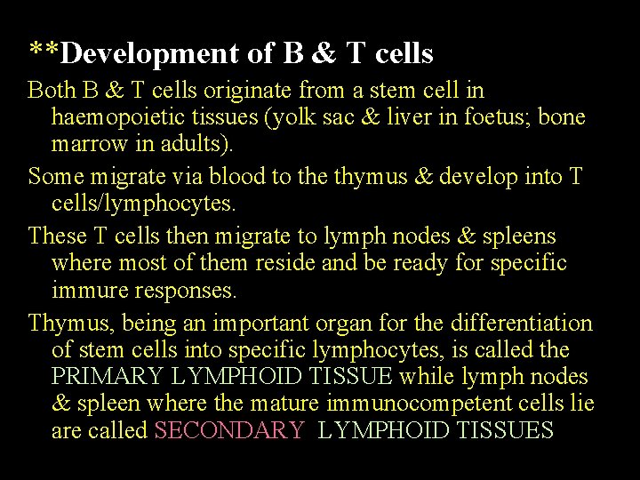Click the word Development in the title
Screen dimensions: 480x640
tap(156, 54)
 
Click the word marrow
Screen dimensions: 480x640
tap(91, 143)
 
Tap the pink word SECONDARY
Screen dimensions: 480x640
tap(228, 431)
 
